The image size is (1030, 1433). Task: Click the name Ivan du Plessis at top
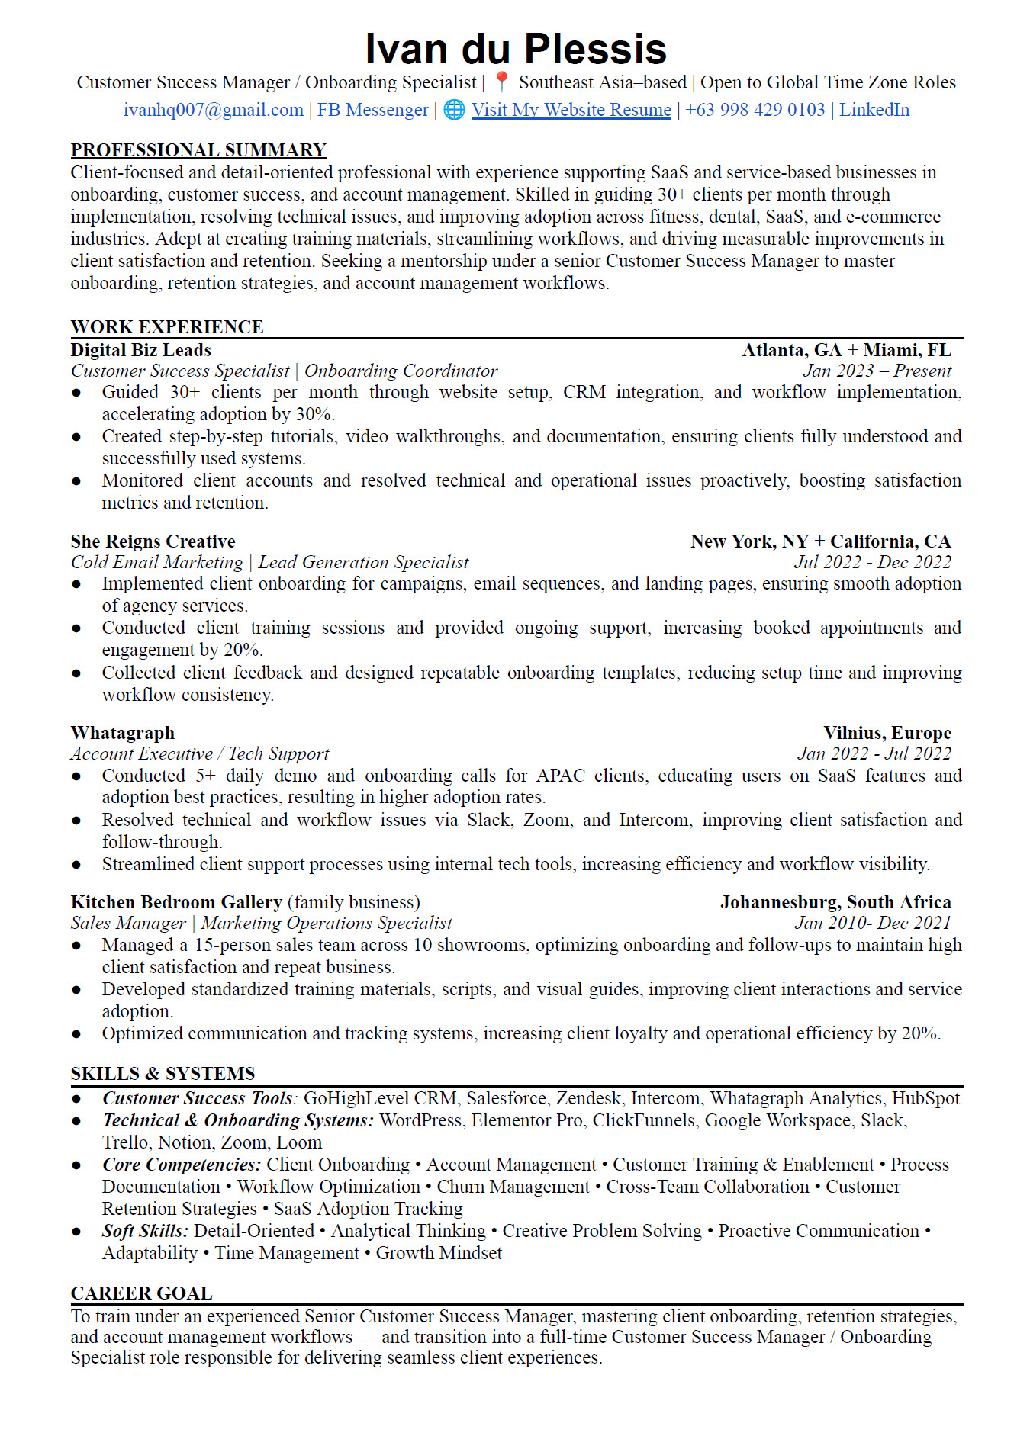point(516,49)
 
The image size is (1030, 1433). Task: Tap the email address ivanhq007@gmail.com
point(214,110)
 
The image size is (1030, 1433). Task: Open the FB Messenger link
point(372,110)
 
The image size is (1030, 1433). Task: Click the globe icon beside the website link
point(454,110)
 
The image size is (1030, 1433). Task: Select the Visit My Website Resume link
point(571,110)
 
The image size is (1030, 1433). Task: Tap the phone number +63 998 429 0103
point(755,110)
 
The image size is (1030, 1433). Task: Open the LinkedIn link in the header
point(874,110)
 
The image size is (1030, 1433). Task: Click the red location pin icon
point(501,82)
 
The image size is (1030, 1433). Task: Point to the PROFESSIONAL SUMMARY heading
point(198,150)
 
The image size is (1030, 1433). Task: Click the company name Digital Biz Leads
point(140,350)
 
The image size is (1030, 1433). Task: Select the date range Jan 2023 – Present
point(877,371)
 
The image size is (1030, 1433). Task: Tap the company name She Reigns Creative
point(153,541)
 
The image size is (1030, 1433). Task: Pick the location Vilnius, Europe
point(887,733)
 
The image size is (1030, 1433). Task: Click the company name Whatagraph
point(122,733)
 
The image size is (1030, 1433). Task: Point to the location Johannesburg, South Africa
point(835,902)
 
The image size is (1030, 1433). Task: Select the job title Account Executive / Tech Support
point(200,753)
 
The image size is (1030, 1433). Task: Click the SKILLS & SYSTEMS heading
point(163,1074)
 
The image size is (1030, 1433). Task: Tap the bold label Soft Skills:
point(145,1231)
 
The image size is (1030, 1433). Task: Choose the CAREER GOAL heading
point(141,1293)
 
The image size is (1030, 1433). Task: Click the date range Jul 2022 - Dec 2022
point(872,562)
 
